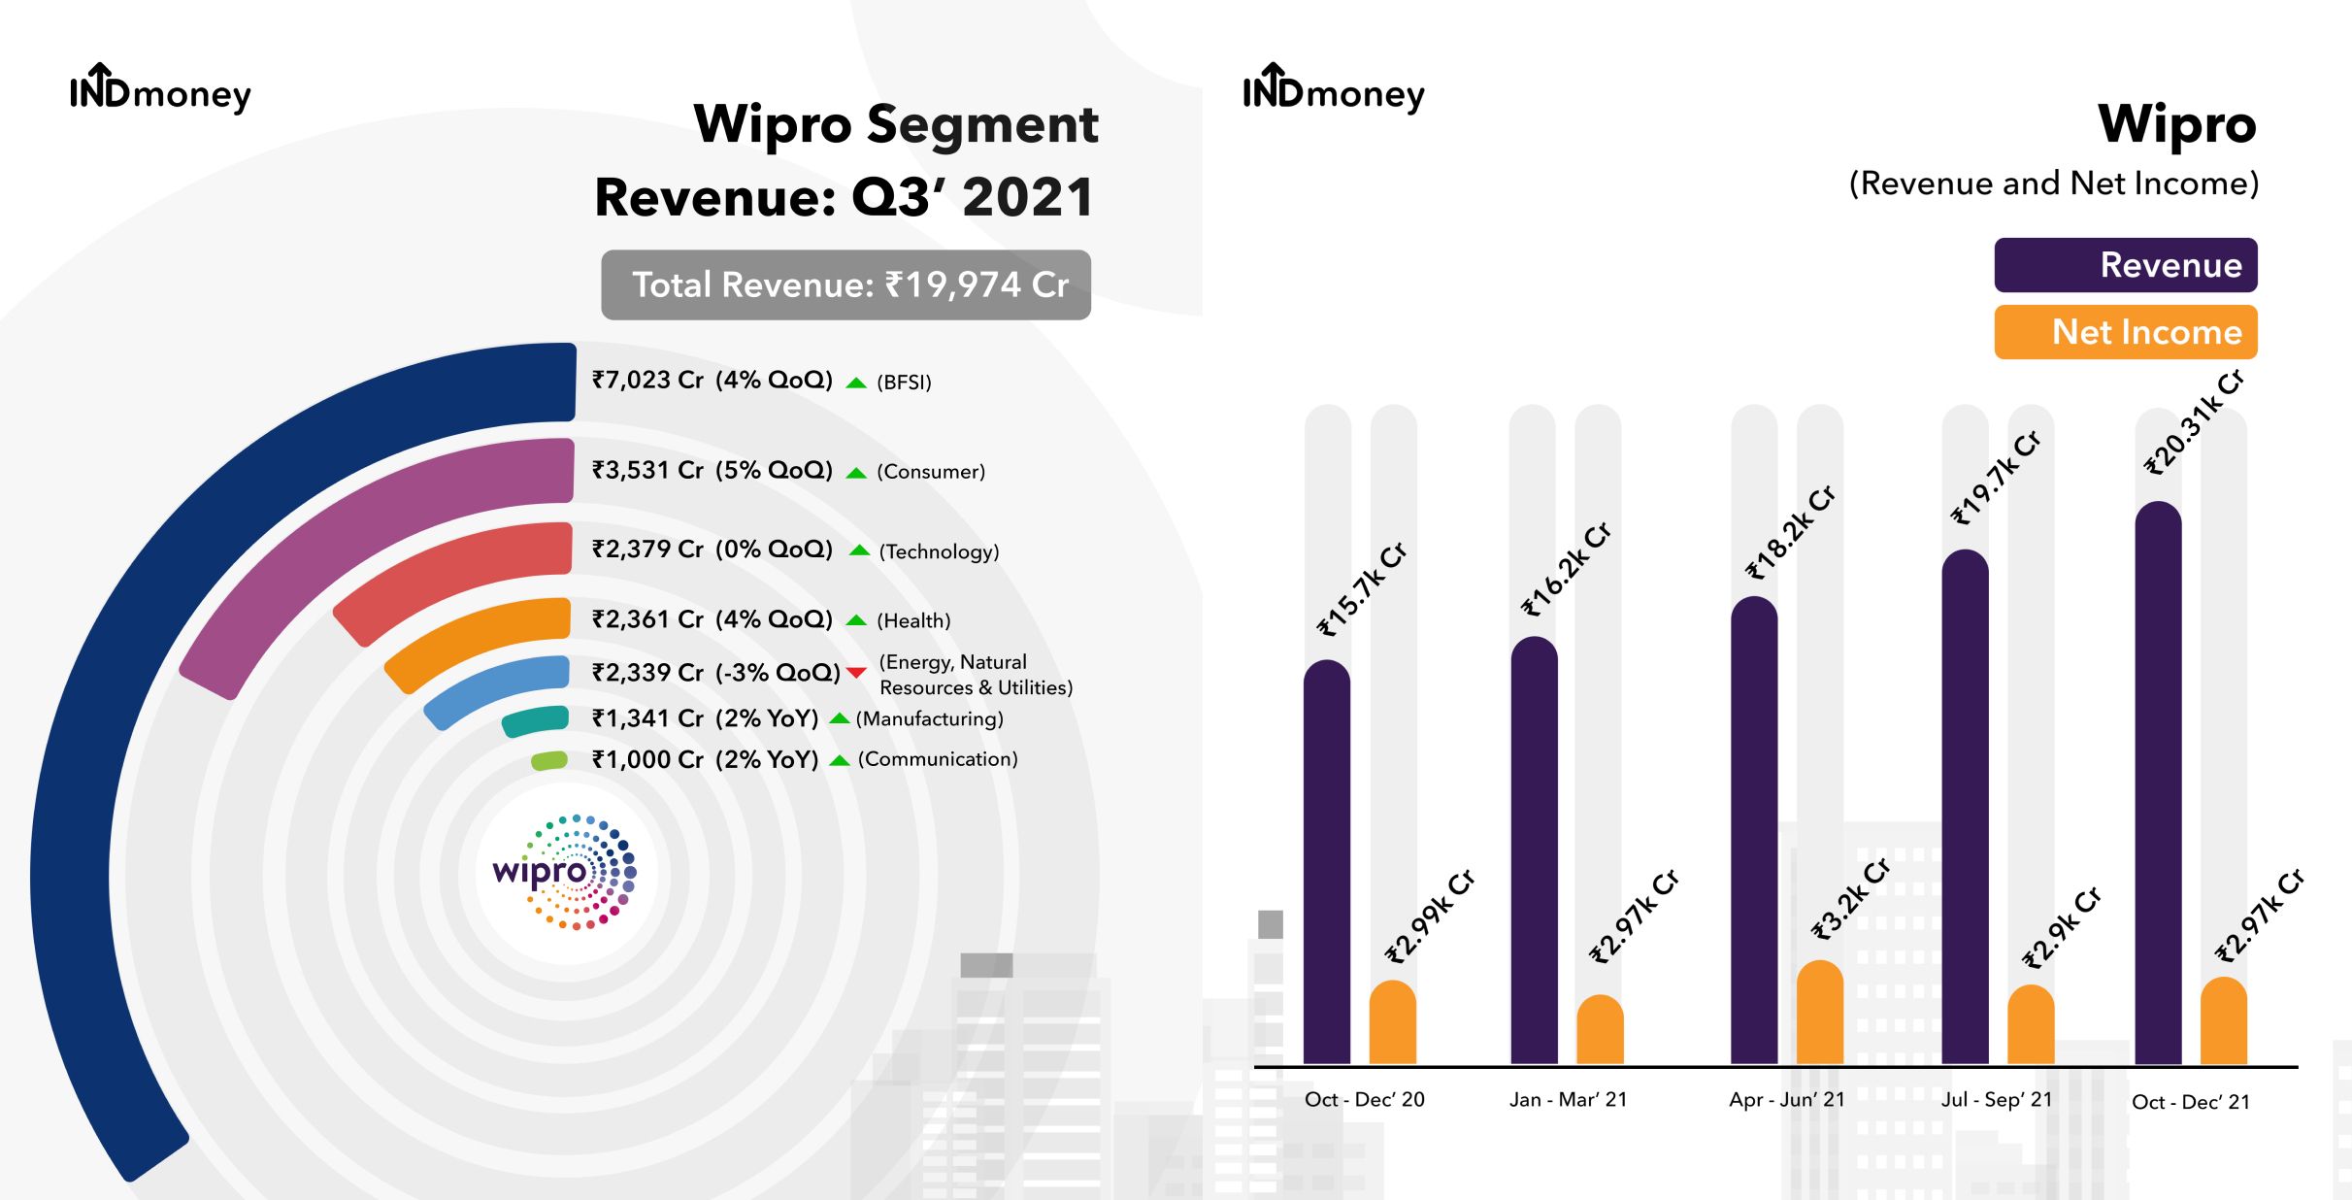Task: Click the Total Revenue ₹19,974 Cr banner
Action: coord(845,285)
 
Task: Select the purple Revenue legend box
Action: coord(2125,265)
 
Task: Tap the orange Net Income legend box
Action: coord(2125,332)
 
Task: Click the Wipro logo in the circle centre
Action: coord(564,872)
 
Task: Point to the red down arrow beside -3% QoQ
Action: coord(855,673)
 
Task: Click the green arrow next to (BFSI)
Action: coord(855,383)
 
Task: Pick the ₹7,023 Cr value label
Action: coord(647,381)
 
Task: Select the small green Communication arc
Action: coord(549,761)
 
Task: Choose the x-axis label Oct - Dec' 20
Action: coord(1364,1100)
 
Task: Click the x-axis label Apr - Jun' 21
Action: coord(1786,1100)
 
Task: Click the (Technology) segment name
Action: coord(939,552)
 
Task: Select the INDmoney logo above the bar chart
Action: coord(1333,90)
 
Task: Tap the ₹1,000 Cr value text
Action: coord(647,760)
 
